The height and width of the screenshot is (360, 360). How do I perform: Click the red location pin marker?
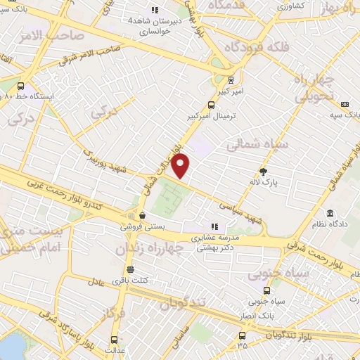point(181,165)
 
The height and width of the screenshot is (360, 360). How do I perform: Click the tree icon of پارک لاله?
point(264,171)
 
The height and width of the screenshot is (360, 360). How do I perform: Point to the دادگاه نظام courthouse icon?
point(329,213)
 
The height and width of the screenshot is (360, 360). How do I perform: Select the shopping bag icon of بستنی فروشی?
point(143,215)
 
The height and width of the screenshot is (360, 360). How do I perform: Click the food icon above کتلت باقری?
point(129,269)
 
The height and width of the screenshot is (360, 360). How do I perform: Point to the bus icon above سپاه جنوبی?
point(267,290)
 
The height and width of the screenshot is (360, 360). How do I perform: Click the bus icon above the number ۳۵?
point(243,335)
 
